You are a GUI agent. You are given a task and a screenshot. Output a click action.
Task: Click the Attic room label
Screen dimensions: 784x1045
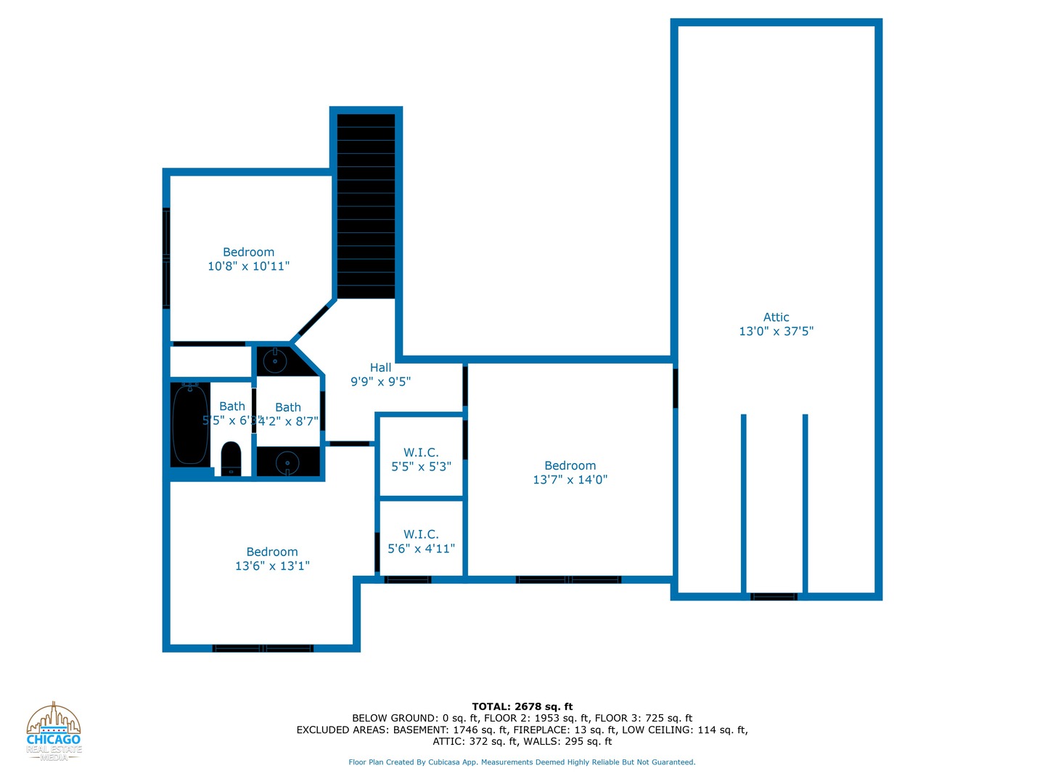(x=776, y=317)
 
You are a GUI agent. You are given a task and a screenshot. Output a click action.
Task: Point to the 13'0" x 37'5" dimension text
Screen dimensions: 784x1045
(x=776, y=332)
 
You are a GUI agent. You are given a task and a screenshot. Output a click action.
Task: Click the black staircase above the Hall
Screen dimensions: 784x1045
(x=366, y=206)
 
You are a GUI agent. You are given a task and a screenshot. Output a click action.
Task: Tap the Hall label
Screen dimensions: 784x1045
(x=380, y=368)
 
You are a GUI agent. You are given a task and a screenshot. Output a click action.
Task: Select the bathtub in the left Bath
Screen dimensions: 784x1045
(x=190, y=425)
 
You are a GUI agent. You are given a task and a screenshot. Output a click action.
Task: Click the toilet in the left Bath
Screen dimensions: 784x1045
(x=231, y=458)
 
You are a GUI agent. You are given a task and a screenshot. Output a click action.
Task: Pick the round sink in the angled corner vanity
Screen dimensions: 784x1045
(x=275, y=360)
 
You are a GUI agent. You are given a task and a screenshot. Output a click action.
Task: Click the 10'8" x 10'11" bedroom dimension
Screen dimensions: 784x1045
(x=248, y=266)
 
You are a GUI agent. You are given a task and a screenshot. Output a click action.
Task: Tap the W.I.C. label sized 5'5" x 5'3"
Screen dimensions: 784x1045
(x=421, y=453)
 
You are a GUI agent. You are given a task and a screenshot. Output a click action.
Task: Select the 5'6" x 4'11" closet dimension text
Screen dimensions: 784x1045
(x=421, y=549)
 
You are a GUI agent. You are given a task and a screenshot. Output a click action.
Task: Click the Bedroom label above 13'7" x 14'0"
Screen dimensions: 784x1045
(x=570, y=466)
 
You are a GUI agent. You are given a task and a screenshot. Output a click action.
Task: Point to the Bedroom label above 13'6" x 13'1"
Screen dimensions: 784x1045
(x=272, y=552)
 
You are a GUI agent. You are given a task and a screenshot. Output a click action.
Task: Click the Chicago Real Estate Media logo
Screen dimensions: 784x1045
(x=54, y=732)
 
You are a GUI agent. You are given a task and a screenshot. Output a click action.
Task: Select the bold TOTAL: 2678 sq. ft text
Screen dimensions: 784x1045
(x=522, y=706)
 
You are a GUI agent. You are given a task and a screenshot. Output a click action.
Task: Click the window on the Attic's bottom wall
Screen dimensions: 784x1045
(x=774, y=597)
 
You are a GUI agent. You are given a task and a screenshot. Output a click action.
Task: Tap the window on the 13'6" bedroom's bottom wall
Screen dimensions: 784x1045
(x=263, y=648)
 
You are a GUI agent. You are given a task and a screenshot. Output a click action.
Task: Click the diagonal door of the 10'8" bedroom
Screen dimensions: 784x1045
(x=313, y=320)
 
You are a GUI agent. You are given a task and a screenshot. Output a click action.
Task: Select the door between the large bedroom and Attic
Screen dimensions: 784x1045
(x=675, y=388)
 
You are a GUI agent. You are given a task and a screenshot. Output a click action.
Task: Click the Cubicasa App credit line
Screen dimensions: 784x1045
(x=522, y=762)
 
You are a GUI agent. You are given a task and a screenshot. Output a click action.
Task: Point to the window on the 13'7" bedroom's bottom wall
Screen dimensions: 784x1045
(x=568, y=580)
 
